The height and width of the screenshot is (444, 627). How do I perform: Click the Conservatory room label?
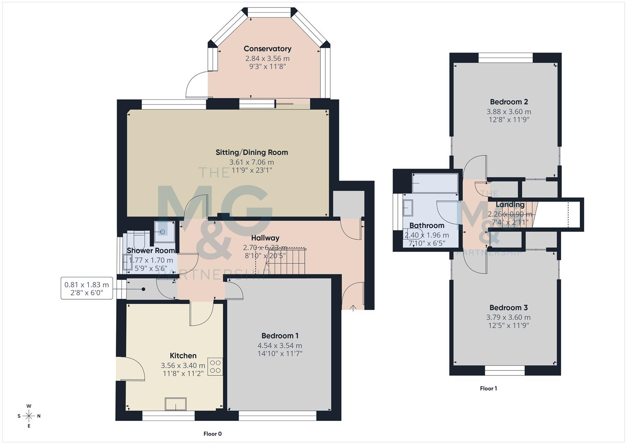click(x=267, y=49)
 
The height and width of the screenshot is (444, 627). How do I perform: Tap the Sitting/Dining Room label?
click(x=252, y=152)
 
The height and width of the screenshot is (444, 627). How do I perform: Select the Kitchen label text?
click(x=183, y=356)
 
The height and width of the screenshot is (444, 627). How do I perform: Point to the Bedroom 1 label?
click(x=280, y=336)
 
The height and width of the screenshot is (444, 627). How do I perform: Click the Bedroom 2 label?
click(x=509, y=102)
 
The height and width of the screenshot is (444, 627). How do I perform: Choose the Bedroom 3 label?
click(x=508, y=308)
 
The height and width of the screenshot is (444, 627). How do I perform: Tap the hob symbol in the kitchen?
click(x=215, y=367)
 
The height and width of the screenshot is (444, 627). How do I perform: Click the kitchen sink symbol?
click(x=176, y=404)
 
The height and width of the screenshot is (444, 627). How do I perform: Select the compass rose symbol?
click(x=29, y=416)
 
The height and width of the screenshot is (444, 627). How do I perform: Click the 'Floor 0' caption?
click(x=213, y=434)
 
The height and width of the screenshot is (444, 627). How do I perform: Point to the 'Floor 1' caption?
click(x=488, y=388)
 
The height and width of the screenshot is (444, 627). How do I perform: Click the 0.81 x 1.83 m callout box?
click(x=87, y=288)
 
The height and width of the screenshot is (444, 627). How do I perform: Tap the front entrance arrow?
click(x=353, y=308)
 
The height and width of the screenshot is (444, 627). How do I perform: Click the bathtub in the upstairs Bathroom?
click(x=435, y=183)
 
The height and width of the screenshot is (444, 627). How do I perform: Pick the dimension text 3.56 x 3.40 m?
click(x=183, y=365)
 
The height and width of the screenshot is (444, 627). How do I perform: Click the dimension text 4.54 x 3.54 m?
click(x=280, y=346)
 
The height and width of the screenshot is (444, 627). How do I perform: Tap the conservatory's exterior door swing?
click(x=196, y=84)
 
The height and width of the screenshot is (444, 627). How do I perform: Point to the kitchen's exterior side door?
click(x=130, y=368)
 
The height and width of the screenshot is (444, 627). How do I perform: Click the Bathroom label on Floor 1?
click(x=427, y=225)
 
